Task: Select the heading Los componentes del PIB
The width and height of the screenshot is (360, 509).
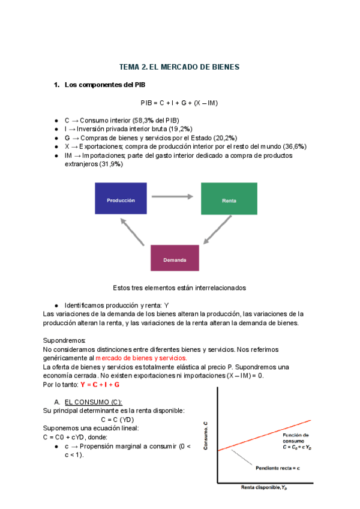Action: point(104,85)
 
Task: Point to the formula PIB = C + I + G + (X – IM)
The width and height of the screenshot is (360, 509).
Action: point(179,103)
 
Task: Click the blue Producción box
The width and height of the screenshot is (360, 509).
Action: point(121,199)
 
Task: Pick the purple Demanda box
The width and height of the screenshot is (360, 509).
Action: point(175,258)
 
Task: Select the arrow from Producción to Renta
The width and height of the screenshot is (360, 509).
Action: point(173,196)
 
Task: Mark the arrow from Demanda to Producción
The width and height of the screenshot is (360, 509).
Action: point(133,232)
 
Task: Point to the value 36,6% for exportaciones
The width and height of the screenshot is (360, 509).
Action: point(295,146)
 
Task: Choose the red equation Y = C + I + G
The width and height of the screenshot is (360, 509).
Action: point(100,384)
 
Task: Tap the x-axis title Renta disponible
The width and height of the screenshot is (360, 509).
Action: point(268,487)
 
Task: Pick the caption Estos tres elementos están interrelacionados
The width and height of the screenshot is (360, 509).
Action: point(179,288)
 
